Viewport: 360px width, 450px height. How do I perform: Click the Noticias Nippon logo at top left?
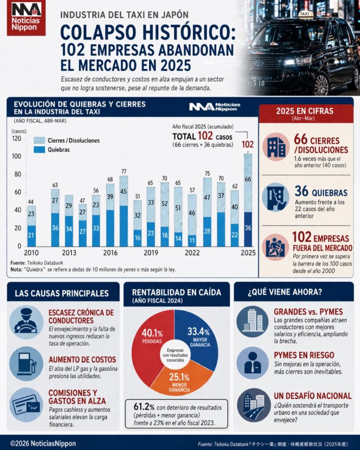click(x=26, y=18)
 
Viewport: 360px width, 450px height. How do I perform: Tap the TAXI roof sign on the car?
click(x=305, y=14)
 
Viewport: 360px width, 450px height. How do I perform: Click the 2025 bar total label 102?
click(x=248, y=145)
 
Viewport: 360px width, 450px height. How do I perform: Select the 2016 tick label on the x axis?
click(x=110, y=253)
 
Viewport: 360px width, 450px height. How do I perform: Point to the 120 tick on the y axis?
click(x=17, y=138)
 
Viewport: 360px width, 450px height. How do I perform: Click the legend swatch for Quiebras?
click(x=39, y=150)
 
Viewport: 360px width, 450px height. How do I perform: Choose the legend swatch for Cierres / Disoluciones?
click(x=39, y=140)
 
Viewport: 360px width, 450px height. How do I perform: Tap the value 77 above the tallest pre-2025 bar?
click(x=124, y=171)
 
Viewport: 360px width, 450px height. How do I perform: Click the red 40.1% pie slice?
click(x=152, y=347)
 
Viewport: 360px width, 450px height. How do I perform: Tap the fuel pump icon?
click(x=26, y=363)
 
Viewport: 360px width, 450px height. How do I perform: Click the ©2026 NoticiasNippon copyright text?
click(x=43, y=443)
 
